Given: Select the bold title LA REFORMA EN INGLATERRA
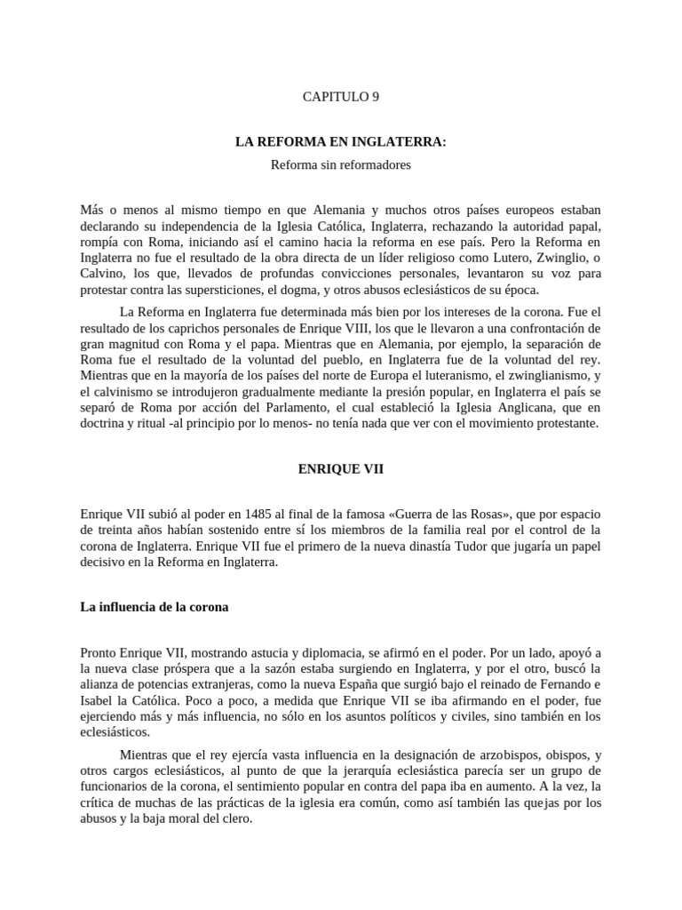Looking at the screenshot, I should (x=341, y=142).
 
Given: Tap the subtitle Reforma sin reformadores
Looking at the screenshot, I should (x=341, y=164).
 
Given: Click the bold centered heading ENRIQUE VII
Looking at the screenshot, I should (x=341, y=469).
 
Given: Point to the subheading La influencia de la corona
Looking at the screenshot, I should (x=155, y=608).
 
